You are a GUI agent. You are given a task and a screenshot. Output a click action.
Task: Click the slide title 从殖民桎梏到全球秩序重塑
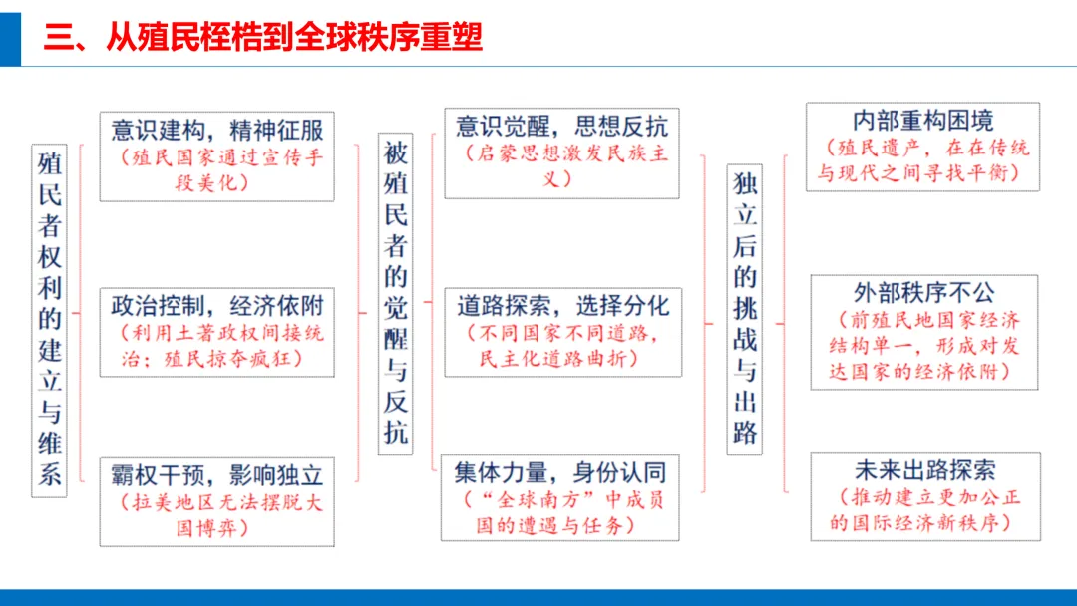[263, 37]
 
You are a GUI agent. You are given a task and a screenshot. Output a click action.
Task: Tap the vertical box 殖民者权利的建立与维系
[49, 318]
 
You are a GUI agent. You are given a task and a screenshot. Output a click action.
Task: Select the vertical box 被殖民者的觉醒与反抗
[396, 293]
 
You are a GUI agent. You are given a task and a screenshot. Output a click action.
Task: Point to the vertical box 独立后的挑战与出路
[744, 309]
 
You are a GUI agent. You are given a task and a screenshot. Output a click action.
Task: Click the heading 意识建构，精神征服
[216, 131]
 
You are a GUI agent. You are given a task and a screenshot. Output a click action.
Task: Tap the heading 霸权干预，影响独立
[216, 474]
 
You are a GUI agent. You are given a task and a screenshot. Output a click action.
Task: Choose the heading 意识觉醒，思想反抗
[561, 126]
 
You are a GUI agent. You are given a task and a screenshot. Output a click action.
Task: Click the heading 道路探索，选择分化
[562, 304]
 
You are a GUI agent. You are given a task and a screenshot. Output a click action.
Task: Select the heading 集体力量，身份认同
[560, 471]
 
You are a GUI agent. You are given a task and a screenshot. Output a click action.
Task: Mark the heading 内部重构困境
[922, 121]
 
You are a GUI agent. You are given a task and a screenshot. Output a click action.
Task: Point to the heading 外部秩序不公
[923, 293]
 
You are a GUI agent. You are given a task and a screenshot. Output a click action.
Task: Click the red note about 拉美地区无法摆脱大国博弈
[216, 515]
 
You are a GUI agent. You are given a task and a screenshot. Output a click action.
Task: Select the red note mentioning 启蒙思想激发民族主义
[561, 166]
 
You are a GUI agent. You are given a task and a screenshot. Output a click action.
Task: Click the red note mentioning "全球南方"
[561, 511]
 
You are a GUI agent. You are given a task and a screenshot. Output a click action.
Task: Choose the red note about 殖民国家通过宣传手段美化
[216, 170]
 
